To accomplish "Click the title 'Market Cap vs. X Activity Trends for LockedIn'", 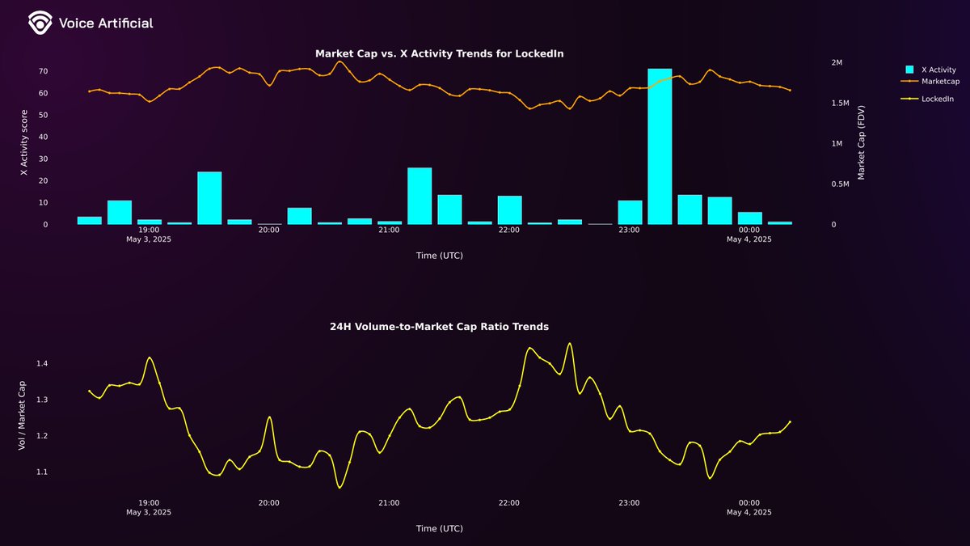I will pos(439,53).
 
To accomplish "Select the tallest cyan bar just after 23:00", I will pos(660,146).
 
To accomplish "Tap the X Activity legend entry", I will pos(938,70).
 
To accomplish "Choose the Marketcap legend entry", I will pos(940,81).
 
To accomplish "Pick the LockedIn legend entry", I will pos(937,99).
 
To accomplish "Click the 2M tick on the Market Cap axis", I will pos(837,62).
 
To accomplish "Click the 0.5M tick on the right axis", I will pos(840,184).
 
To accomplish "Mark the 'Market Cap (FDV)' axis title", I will pos(862,142).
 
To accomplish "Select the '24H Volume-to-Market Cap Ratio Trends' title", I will pos(439,327).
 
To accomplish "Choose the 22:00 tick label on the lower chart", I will pos(509,502).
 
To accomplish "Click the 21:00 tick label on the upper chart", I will pos(389,230).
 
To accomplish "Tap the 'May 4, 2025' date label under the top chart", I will pos(749,239).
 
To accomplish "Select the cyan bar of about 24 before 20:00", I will pos(209,198).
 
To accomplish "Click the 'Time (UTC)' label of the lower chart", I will pos(439,528).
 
